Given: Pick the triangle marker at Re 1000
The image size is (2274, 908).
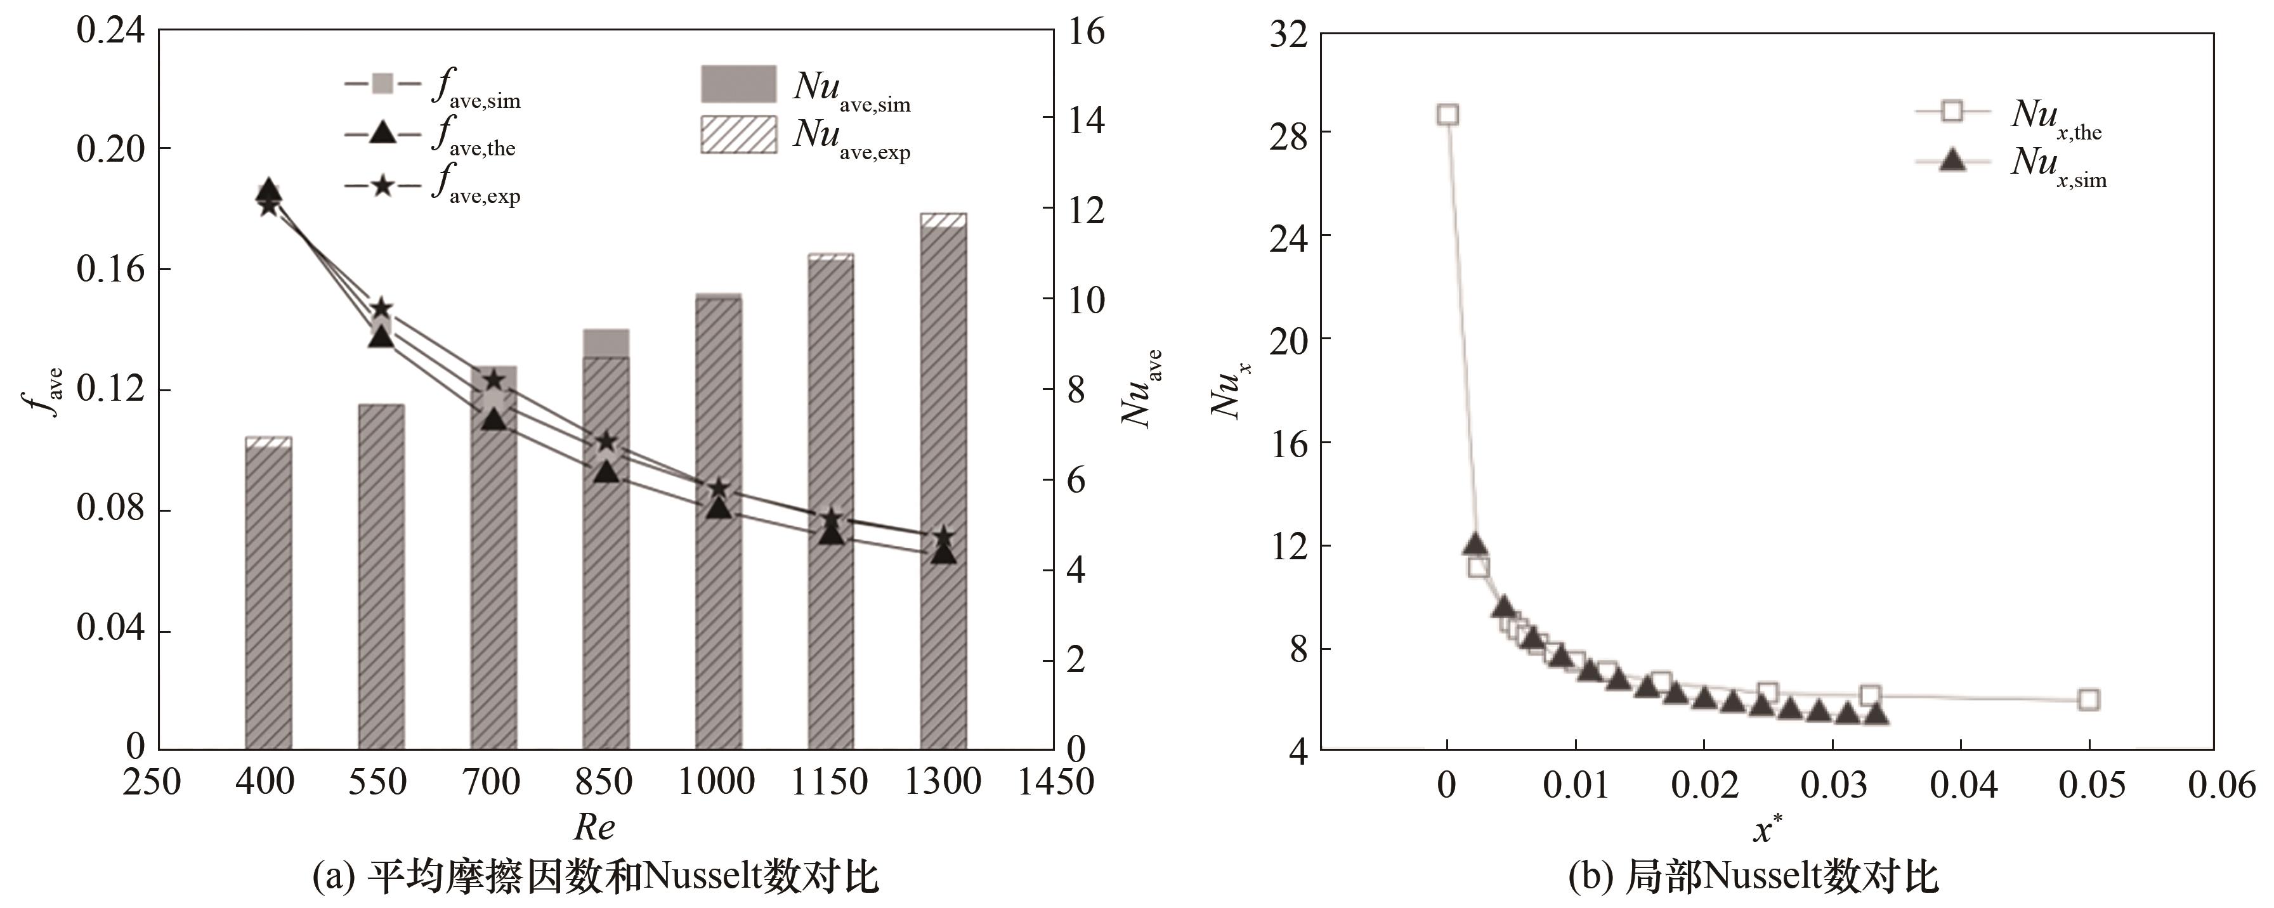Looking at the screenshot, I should coord(719,507).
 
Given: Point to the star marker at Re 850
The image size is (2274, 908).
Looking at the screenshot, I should coord(606,442).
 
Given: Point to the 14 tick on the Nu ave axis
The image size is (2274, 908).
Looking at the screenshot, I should coord(1087,120).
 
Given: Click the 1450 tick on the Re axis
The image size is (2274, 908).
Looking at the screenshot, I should coord(1055,782).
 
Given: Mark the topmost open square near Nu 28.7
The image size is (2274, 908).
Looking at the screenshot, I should coord(1447,115).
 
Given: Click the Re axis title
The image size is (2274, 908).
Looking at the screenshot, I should coord(594,827).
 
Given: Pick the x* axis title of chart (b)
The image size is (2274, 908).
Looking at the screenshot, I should coord(1767,829).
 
